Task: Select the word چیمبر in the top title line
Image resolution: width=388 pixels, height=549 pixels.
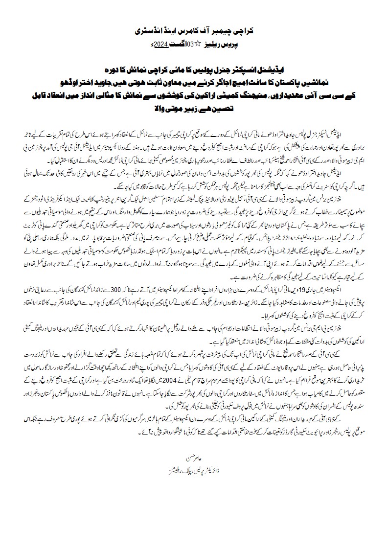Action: [x=229, y=31]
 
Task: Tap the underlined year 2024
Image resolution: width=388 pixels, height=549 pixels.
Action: [x=162, y=44]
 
